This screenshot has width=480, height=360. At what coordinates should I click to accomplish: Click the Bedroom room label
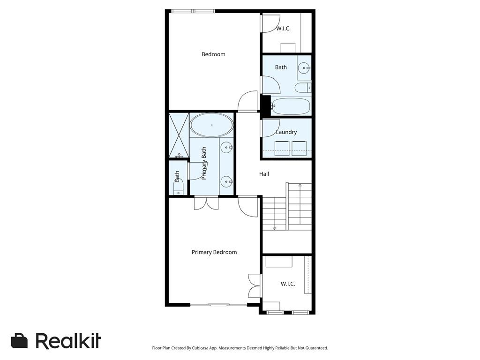click(213, 54)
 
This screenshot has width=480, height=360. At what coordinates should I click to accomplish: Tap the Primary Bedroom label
click(214, 252)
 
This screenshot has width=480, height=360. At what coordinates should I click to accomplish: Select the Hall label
click(264, 174)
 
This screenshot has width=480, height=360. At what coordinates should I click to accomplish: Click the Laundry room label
click(286, 132)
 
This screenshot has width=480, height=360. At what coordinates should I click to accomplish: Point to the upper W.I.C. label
click(283, 29)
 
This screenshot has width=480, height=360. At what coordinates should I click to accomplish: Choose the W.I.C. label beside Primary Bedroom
click(288, 284)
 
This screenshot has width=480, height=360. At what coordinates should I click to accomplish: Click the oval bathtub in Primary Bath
click(211, 125)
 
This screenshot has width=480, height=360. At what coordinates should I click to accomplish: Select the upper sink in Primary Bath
click(227, 148)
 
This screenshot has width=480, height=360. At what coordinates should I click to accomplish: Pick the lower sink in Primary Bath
click(227, 180)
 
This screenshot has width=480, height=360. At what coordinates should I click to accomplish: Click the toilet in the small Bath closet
click(178, 188)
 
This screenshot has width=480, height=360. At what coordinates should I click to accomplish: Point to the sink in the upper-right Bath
click(305, 68)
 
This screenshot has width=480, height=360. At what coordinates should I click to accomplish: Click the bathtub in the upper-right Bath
click(291, 106)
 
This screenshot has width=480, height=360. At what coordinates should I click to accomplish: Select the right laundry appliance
click(299, 148)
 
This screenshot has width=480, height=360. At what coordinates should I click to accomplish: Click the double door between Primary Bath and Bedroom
click(206, 202)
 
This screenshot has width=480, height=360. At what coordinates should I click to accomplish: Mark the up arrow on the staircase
click(300, 186)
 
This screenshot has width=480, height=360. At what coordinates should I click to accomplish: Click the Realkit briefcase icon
click(19, 341)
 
